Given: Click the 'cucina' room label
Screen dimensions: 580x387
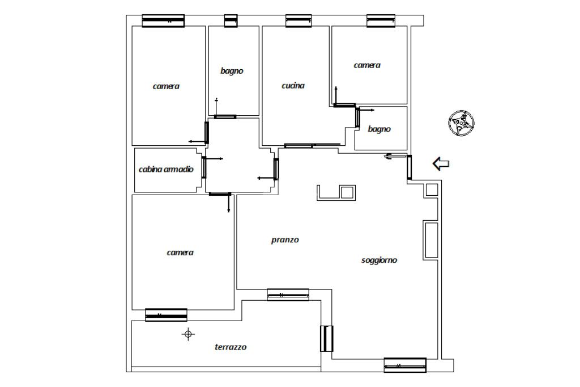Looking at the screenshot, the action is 293,86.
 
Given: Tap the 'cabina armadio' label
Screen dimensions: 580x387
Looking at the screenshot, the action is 166,169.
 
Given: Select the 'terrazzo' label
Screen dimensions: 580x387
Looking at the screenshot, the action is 231,347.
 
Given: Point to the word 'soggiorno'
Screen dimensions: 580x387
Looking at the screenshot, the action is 379,260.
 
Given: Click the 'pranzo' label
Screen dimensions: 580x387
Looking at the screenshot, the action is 285,240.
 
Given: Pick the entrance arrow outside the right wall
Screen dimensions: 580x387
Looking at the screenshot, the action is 441,164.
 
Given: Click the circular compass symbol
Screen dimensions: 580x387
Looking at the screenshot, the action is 461,123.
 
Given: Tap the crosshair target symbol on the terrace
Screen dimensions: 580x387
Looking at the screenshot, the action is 188,334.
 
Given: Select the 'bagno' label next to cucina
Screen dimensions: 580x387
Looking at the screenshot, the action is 232,71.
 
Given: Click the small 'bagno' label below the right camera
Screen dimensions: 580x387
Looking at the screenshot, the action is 379,129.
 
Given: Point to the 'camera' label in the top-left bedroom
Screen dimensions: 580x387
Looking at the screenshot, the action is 166,86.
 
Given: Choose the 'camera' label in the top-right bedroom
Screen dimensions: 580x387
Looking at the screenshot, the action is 367,65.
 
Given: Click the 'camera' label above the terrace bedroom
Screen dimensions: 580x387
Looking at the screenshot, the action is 180,253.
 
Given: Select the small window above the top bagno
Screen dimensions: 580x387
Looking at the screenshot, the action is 231,21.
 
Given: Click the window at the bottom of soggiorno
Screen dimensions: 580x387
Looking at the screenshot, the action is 405,365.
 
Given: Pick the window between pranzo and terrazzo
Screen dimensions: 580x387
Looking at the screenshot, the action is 288,295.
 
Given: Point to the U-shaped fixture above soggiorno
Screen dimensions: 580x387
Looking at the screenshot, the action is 336,193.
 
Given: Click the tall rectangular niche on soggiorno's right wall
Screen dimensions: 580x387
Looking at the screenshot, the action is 431,240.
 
